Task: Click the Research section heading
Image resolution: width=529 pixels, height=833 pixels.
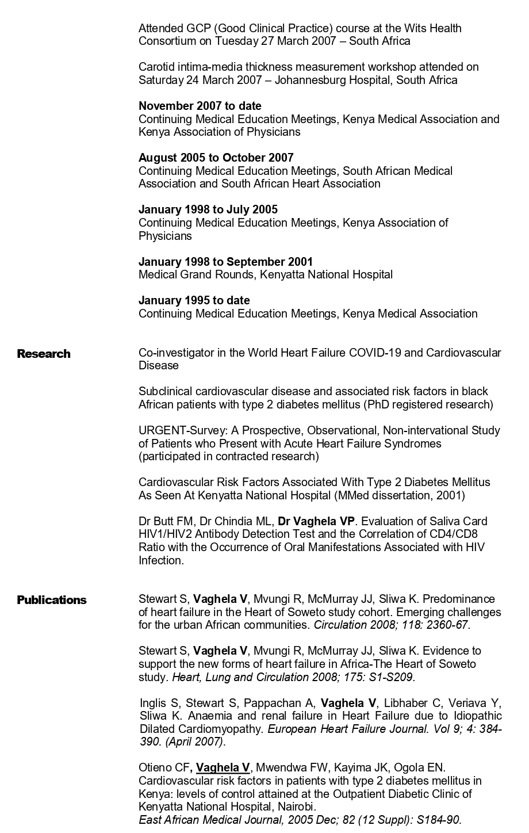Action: (44, 354)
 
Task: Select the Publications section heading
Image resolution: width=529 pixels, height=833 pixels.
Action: (52, 600)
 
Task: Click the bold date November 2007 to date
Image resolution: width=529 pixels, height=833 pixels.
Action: (200, 106)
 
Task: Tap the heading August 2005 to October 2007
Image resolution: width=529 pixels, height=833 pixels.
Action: (216, 158)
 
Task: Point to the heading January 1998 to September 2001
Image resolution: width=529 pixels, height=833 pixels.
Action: (225, 262)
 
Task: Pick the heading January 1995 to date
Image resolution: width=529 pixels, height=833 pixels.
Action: (194, 300)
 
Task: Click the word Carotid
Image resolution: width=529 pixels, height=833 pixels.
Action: (156, 67)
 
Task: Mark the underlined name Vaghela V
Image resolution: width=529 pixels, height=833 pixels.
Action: (223, 767)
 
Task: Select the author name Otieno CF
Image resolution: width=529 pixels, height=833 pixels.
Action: (164, 767)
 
